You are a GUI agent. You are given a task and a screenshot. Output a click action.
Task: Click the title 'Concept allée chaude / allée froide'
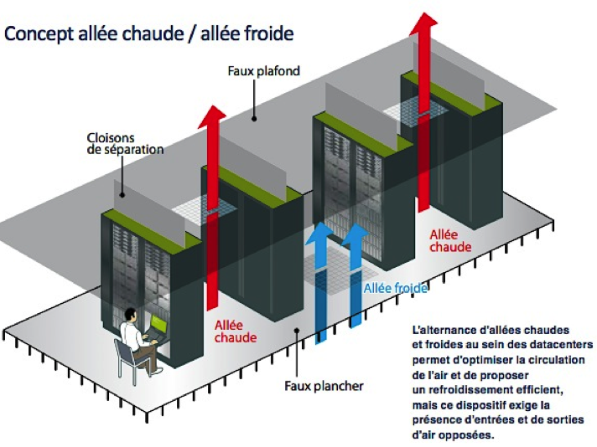pyautogui.click(x=149, y=34)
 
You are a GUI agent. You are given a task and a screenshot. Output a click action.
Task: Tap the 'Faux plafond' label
pyautogui.click(x=263, y=71)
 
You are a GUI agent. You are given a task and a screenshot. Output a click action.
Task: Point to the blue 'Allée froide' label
pyautogui.click(x=395, y=288)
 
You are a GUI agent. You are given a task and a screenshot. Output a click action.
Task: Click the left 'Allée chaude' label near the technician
pyautogui.click(x=235, y=331)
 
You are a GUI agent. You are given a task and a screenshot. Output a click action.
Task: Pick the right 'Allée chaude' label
pyautogui.click(x=450, y=241)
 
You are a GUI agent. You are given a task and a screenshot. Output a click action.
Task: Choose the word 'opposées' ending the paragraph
pyautogui.click(x=475, y=434)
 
